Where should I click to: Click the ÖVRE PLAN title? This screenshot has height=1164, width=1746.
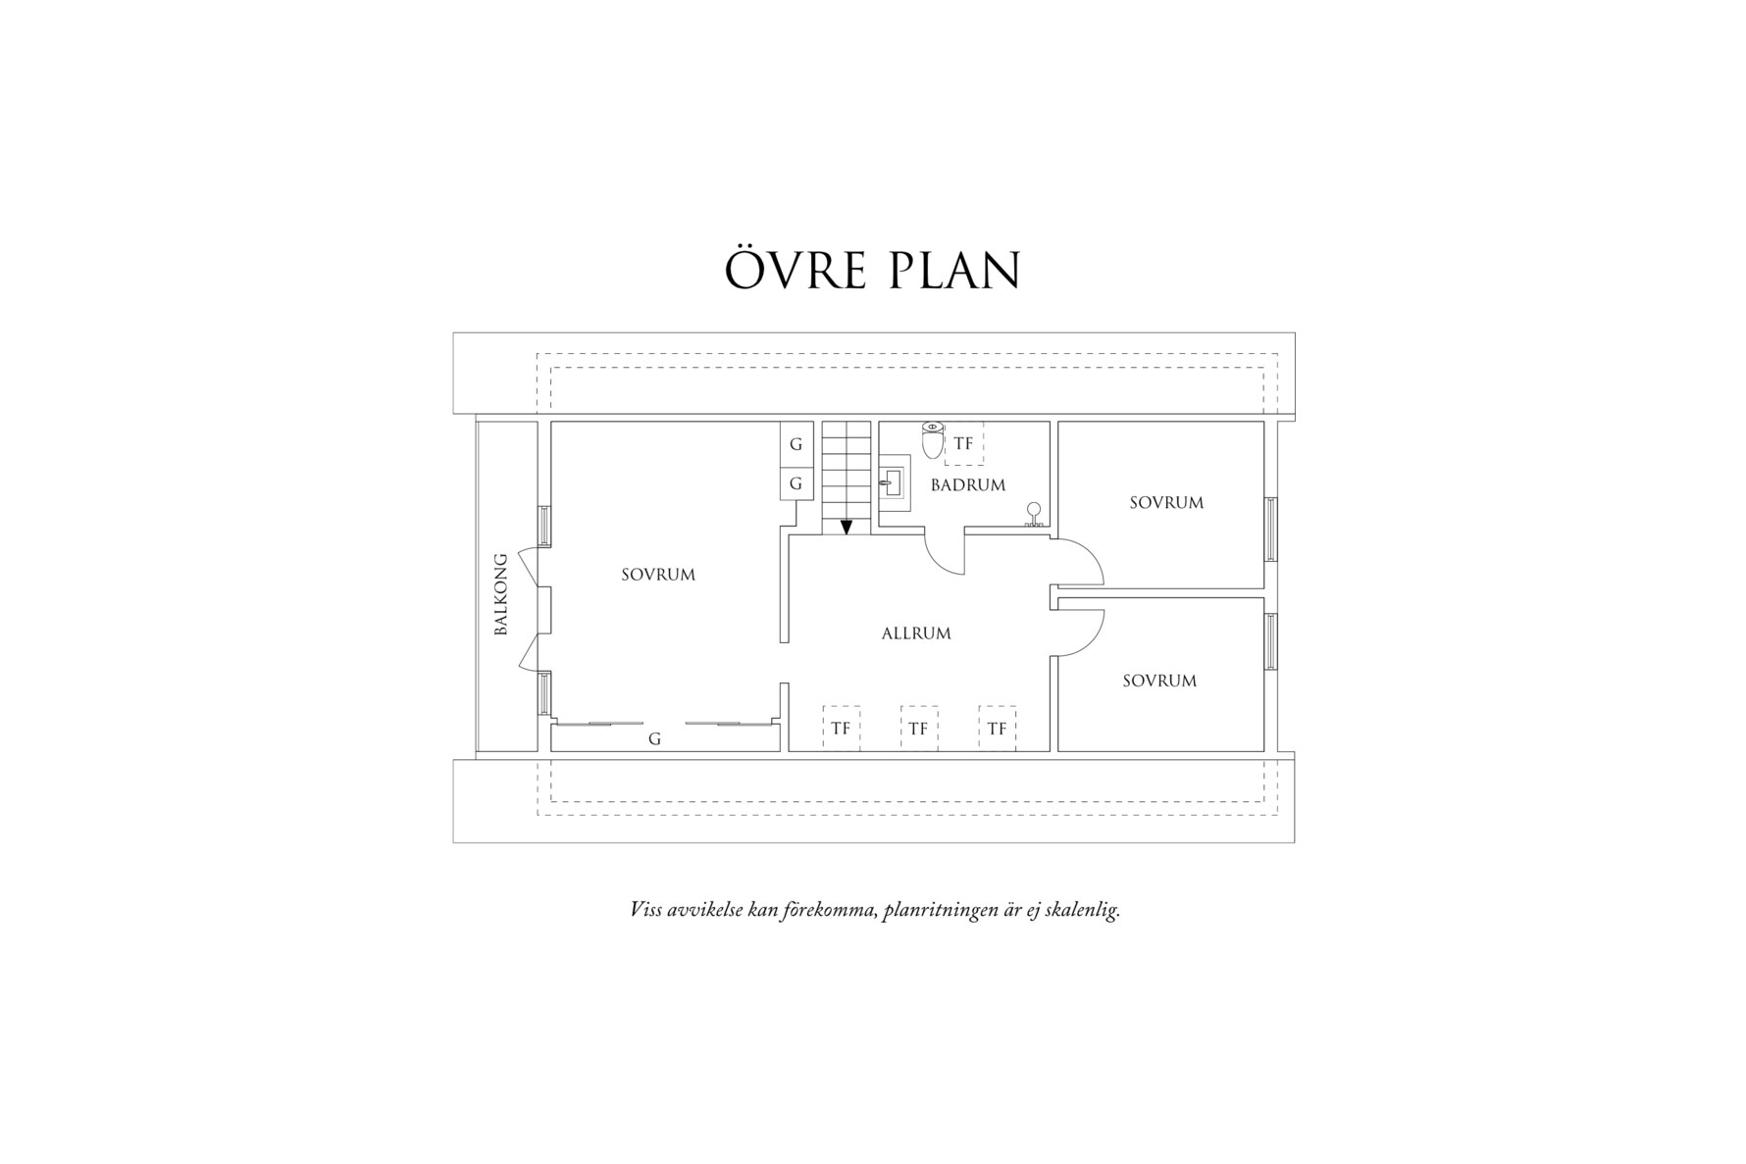click(872, 271)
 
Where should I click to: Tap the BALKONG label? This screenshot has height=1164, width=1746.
click(501, 594)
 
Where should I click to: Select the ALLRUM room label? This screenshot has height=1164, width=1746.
click(916, 633)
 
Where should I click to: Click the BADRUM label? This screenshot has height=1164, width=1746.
click(968, 485)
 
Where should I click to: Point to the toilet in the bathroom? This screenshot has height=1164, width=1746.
click(933, 440)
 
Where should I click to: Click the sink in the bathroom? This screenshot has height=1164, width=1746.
click(894, 482)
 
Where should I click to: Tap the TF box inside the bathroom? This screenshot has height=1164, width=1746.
click(963, 444)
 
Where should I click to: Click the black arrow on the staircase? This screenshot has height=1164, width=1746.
click(847, 527)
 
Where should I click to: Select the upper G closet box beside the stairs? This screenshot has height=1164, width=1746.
click(796, 444)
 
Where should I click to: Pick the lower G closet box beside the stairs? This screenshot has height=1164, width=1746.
click(796, 483)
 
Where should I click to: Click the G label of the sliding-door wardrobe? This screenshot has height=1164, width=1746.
click(654, 739)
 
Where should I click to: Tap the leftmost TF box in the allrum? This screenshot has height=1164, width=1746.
click(841, 729)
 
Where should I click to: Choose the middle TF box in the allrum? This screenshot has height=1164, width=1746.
click(918, 729)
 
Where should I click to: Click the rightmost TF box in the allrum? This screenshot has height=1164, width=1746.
click(997, 729)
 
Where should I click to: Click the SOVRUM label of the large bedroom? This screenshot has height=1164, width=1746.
click(658, 575)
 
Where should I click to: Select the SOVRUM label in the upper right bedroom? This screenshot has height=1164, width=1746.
click(1166, 503)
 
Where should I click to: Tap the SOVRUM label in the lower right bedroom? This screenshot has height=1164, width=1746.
click(1159, 681)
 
